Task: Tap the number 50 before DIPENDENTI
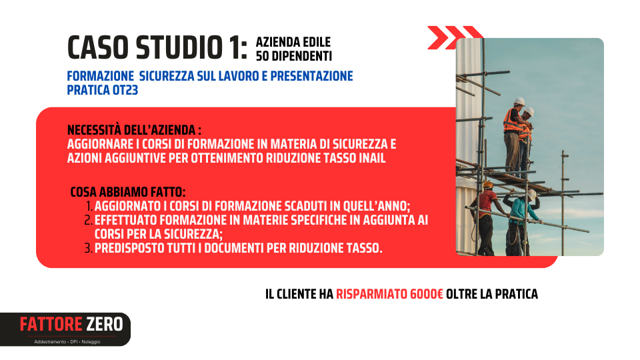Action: tap(263, 56)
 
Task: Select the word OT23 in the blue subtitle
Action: tap(125, 90)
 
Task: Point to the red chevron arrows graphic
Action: tap(454, 37)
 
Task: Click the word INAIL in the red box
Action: tap(372, 158)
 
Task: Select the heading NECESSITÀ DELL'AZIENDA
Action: tap(134, 130)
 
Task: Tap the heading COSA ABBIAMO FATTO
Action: tap(128, 192)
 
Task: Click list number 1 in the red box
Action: tap(89, 206)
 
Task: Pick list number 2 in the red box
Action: tap(89, 220)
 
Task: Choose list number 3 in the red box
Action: tap(89, 248)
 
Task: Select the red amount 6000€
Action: tap(427, 294)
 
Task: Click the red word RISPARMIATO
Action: tap(371, 294)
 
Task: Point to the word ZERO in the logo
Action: tap(105, 325)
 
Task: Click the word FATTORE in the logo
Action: tap(51, 325)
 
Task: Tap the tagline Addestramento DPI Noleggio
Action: tap(67, 341)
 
